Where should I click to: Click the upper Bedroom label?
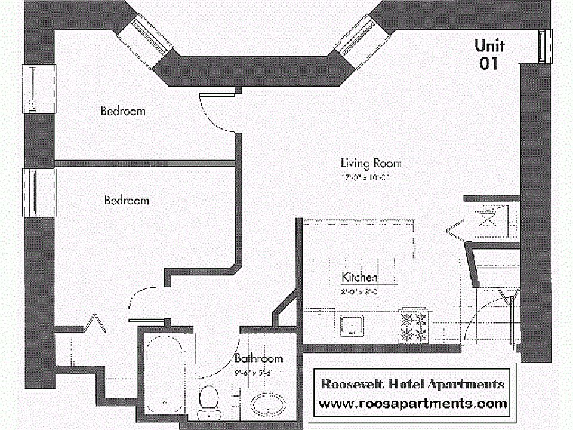[123, 111]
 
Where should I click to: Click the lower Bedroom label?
[127, 201]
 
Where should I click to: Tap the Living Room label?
[371, 163]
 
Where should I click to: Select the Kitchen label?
[359, 278]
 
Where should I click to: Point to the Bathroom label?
[258, 359]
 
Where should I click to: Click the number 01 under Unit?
[489, 63]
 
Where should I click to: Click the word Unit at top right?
[489, 45]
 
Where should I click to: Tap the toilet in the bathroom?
[208, 399]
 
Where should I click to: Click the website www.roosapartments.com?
[412, 404]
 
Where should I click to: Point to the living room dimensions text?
[365, 177]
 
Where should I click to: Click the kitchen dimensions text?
[358, 292]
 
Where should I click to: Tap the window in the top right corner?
[543, 45]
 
